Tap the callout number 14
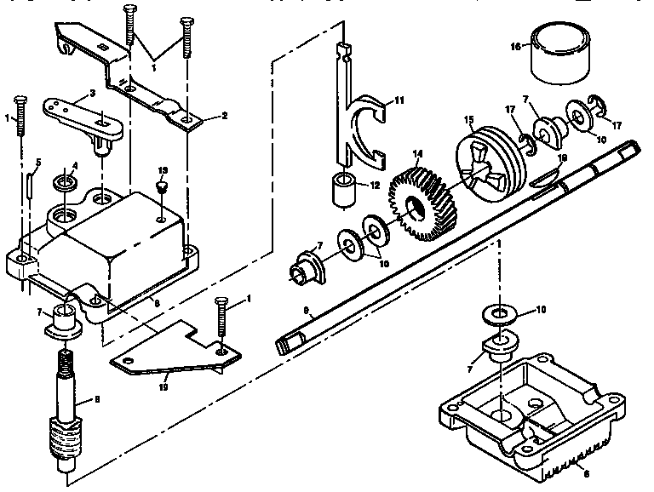tap(417, 157)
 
